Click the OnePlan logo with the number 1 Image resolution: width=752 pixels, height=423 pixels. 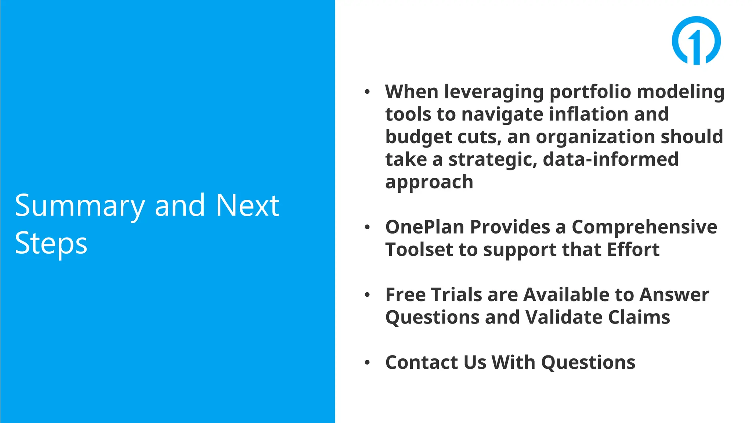(696, 40)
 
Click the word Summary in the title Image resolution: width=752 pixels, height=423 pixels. (79, 206)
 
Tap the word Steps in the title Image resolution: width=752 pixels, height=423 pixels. (51, 243)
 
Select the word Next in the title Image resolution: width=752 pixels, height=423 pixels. (247, 205)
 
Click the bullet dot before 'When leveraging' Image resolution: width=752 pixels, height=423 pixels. (367, 92)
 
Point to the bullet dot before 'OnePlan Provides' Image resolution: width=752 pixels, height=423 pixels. (367, 227)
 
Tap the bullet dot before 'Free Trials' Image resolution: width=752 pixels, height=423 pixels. (367, 295)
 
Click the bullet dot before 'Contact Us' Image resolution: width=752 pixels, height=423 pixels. (367, 363)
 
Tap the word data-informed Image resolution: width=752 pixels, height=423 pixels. (610, 159)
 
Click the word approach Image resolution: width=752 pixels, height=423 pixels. (429, 182)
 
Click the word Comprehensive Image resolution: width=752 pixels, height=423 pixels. (644, 227)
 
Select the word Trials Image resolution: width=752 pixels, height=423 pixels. (456, 295)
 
